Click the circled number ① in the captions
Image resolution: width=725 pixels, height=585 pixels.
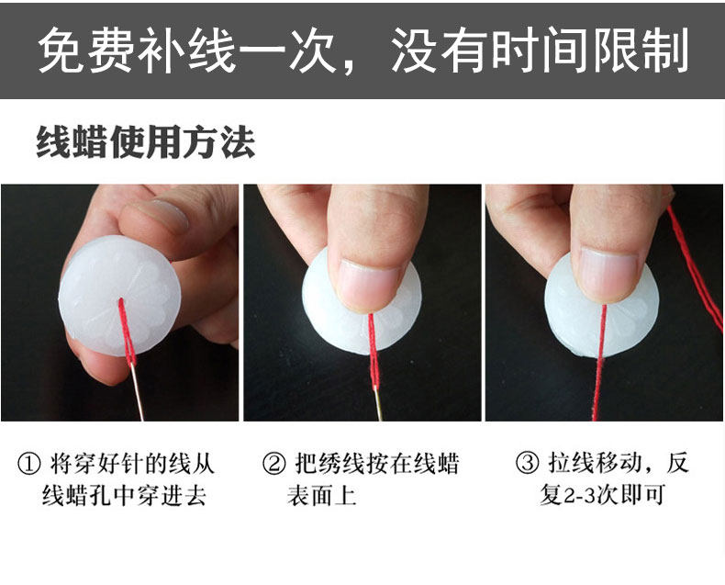(28, 464)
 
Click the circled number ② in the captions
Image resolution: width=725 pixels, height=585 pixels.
(273, 464)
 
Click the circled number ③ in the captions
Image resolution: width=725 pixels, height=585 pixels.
(527, 463)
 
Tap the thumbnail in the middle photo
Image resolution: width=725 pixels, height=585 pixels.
(369, 285)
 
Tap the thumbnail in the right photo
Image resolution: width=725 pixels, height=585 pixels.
(609, 275)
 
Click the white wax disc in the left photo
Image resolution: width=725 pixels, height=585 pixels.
(119, 296)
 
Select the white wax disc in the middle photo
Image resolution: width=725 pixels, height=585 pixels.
(362, 306)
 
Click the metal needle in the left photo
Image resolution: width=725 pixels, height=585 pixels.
(138, 391)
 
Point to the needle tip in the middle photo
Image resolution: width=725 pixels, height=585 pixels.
(381, 420)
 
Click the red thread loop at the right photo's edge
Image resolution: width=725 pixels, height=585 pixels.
(697, 268)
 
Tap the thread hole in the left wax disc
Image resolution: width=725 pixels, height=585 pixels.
(121, 300)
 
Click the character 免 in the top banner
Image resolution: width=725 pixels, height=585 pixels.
(62, 50)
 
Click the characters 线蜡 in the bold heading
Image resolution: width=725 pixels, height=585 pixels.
(72, 142)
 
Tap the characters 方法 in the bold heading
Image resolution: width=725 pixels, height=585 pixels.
(219, 142)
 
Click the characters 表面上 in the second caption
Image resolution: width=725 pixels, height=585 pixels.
(321, 496)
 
